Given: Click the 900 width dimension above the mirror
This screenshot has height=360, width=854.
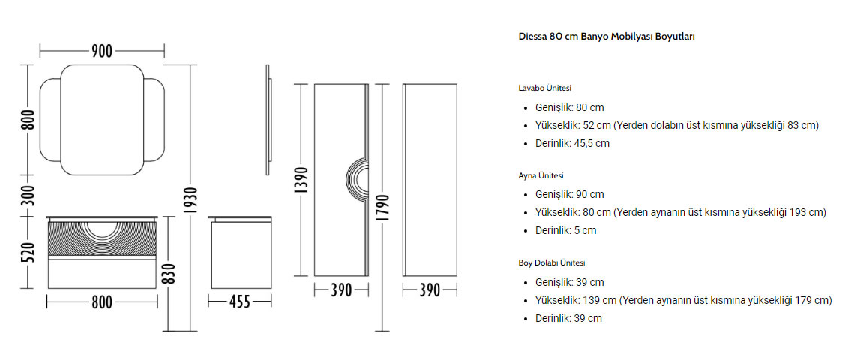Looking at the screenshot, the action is click(102, 52).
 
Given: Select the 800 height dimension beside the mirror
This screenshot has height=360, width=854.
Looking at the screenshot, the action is click(28, 120).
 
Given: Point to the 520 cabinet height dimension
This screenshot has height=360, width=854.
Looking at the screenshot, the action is click(28, 251).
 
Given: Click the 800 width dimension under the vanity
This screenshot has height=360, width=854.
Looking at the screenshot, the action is click(102, 301).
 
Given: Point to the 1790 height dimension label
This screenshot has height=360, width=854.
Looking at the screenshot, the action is click(383, 207).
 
